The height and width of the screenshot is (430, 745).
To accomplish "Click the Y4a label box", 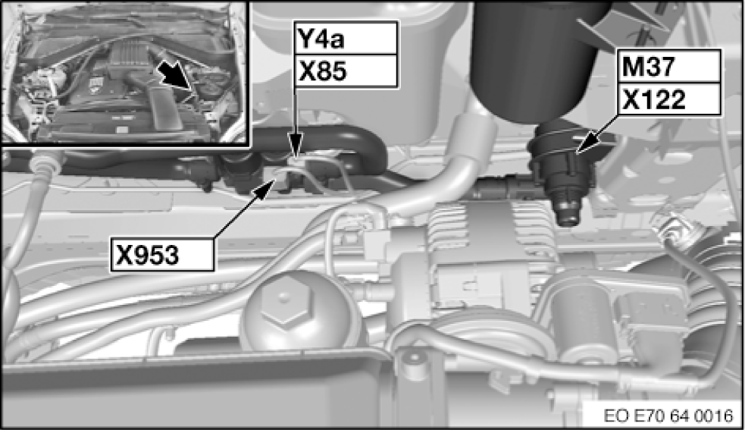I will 346,36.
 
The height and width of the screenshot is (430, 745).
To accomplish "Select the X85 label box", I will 346,70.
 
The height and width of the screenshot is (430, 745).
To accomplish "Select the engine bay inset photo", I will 125,72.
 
